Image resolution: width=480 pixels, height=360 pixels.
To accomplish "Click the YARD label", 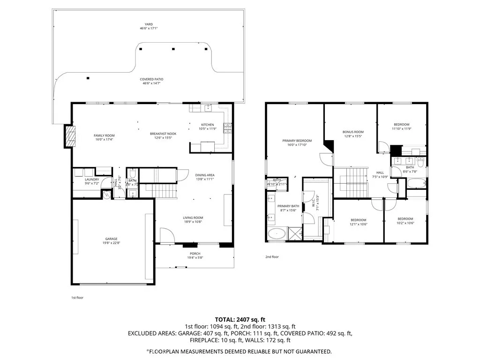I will pos(149,24).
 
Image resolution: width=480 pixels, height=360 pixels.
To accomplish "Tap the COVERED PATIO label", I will pos(151,79).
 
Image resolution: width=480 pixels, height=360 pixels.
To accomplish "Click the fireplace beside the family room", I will pos(69,136).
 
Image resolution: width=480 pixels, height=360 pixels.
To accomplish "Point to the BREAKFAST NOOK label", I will pos(163,134).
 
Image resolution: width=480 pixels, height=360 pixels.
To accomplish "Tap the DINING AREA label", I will pos(204,175).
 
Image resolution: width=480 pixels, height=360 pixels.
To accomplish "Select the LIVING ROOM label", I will pos(193,217).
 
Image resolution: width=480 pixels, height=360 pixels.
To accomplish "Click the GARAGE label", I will pos(111,239).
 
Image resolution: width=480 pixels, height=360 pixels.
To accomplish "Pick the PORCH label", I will pos(195,254).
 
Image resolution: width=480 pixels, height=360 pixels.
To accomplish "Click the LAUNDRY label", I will pos(92,180).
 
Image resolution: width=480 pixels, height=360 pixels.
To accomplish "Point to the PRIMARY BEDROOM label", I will pos(297,141).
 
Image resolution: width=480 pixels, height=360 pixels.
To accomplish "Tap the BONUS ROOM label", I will pos(353,132).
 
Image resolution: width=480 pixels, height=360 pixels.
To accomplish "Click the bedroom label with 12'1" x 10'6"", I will pos(359,220).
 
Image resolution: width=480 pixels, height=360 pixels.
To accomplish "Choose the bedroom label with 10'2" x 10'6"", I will pos(405,219).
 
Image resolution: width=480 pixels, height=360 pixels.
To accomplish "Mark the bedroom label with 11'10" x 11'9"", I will pos(401,124).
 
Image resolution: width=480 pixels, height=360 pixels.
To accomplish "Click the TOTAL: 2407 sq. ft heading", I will pos(240,318).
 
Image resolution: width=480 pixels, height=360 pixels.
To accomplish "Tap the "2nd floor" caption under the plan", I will pos(272,257).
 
